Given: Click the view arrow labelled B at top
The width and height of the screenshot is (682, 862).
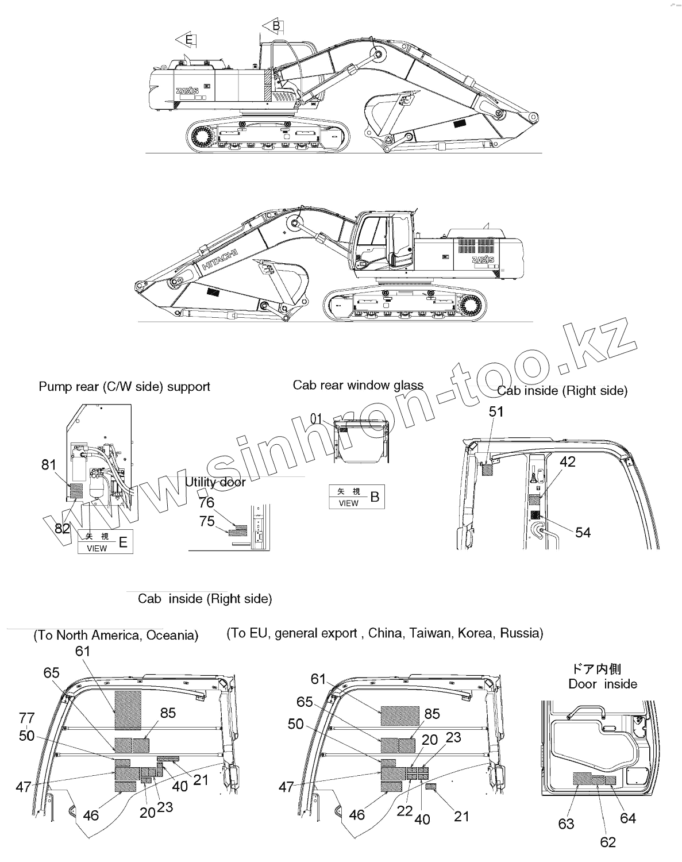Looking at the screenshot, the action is pyautogui.click(x=273, y=26).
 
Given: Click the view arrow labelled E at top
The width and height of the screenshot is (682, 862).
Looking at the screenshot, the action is pyautogui.click(x=186, y=40).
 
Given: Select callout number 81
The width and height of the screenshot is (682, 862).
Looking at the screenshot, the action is pyautogui.click(x=49, y=465).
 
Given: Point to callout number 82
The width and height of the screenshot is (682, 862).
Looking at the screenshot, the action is pyautogui.click(x=62, y=529).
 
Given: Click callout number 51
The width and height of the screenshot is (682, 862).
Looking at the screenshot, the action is pyautogui.click(x=496, y=411).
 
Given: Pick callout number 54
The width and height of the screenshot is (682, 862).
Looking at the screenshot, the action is pyautogui.click(x=583, y=533).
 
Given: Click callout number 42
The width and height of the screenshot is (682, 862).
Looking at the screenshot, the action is pyautogui.click(x=567, y=462).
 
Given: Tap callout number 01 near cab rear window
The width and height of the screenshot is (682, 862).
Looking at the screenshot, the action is pyautogui.click(x=317, y=418).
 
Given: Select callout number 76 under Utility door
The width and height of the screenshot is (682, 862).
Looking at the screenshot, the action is pyautogui.click(x=206, y=503).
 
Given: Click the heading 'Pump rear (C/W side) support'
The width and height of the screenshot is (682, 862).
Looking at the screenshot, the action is pyautogui.click(x=124, y=387).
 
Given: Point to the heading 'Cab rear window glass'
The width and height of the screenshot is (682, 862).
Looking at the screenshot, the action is pyautogui.click(x=358, y=385).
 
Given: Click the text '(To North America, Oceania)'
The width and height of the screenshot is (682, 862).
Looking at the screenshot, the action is pyautogui.click(x=116, y=635).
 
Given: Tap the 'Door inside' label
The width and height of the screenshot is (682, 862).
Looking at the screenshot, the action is pyautogui.click(x=603, y=684).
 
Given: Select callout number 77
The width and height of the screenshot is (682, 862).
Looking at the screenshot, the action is pyautogui.click(x=27, y=718).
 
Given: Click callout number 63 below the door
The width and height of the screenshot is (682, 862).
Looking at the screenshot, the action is pyautogui.click(x=566, y=824).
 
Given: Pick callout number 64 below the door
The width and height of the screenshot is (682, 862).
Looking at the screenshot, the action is pyautogui.click(x=628, y=818).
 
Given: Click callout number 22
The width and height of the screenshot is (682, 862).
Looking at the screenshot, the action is pyautogui.click(x=405, y=811).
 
